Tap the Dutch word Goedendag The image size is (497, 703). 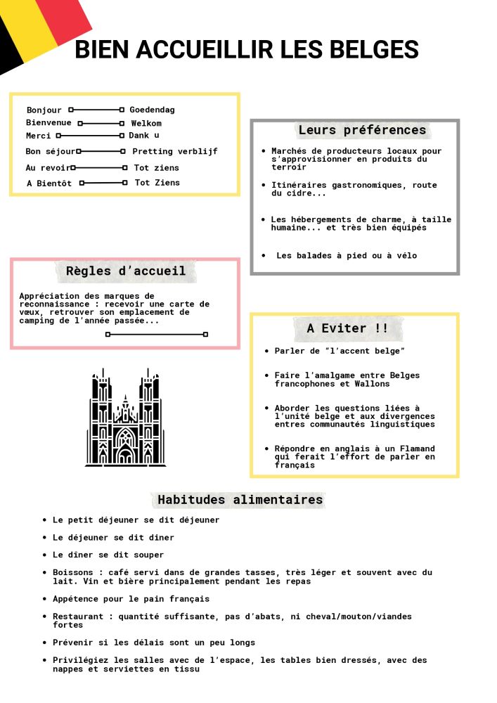[152, 110]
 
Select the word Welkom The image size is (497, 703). [146, 123]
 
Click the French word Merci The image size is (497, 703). [39, 136]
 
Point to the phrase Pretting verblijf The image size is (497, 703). [175, 151]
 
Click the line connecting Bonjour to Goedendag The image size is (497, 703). [96, 110]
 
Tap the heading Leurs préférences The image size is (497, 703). [362, 130]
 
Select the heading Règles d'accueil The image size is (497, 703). [126, 271]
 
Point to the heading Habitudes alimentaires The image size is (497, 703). [240, 500]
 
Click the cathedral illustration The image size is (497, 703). [126, 418]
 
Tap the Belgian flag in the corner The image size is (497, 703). [39, 28]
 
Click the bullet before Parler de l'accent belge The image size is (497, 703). [266, 351]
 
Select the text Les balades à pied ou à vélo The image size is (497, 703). [347, 256]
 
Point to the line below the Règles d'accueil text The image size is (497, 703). [156, 335]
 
